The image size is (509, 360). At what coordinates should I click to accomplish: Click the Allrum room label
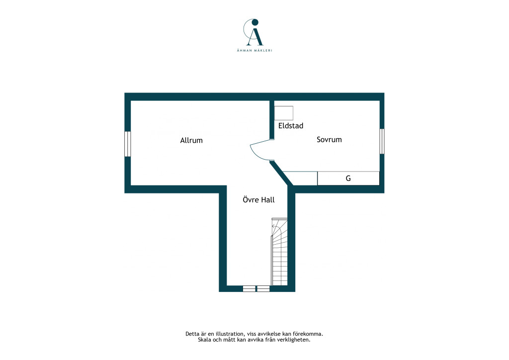tap(191, 140)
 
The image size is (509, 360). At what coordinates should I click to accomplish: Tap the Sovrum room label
tap(329, 140)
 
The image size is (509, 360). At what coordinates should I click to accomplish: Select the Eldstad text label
tap(291, 126)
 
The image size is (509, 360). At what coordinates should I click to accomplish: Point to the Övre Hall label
tap(258, 199)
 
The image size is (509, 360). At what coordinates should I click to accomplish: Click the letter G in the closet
tap(348, 178)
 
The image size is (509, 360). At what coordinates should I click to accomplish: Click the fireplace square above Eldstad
tap(284, 113)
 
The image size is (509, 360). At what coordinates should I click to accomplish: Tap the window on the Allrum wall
tap(128, 144)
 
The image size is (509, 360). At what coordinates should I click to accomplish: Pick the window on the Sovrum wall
tap(382, 141)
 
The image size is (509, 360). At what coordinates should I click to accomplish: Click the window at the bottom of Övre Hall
tap(256, 288)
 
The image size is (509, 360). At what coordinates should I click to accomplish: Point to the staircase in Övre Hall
tap(279, 252)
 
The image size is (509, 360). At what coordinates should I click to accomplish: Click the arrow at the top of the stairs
tap(275, 226)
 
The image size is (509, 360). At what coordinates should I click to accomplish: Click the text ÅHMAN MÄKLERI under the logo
tap(254, 50)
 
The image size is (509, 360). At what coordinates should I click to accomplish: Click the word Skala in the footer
tap(204, 340)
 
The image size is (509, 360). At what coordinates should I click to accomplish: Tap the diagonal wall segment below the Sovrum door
tap(282, 174)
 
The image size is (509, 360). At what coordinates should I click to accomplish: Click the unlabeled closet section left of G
tap(301, 178)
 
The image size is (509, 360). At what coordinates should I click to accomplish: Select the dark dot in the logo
tap(255, 22)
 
